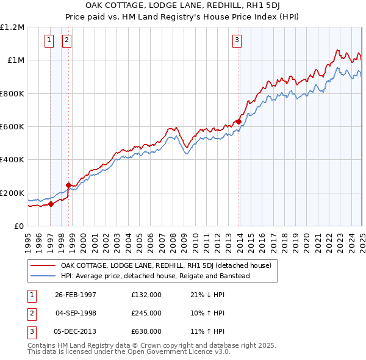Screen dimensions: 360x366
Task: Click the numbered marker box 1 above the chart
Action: click(x=48, y=41)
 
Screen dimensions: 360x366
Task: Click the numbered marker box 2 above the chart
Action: click(x=66, y=41)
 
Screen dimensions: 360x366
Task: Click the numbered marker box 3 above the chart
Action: click(x=236, y=41)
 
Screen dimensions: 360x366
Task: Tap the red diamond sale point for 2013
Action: click(x=239, y=122)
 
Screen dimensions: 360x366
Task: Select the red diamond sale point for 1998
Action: click(x=68, y=185)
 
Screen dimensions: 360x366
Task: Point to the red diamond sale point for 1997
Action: click(x=51, y=204)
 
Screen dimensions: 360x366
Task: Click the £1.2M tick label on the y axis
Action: click(x=12, y=27)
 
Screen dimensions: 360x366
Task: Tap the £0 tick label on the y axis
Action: click(x=18, y=226)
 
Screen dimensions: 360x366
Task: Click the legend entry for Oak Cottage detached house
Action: click(x=170, y=265)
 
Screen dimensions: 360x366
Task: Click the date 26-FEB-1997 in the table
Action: click(x=76, y=295)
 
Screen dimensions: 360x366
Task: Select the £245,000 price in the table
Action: click(x=146, y=313)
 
